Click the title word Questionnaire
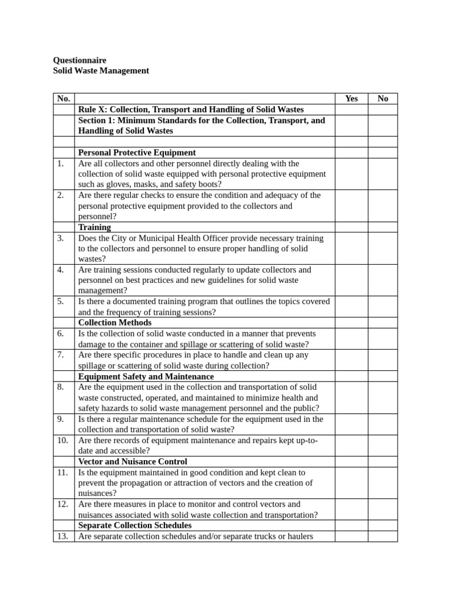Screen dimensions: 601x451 pyautogui.click(x=80, y=60)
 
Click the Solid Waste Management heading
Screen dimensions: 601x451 pyautogui.click(x=101, y=70)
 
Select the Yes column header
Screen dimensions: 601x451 pyautogui.click(x=351, y=99)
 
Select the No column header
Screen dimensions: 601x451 pyautogui.click(x=383, y=99)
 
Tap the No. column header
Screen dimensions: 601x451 pyautogui.click(x=63, y=99)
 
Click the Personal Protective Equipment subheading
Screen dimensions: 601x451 pyautogui.click(x=137, y=153)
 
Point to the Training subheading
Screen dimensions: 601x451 pyautogui.click(x=95, y=227)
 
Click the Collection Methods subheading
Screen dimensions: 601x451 pyautogui.click(x=115, y=322)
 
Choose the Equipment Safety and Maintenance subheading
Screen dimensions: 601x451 pyautogui.click(x=146, y=376)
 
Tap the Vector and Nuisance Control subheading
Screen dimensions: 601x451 pyautogui.click(x=133, y=461)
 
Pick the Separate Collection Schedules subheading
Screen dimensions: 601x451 pyautogui.click(x=134, y=525)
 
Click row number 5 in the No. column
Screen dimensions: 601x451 pyautogui.click(x=61, y=302)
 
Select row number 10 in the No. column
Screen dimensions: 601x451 pyautogui.click(x=63, y=440)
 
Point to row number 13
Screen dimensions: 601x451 pyautogui.click(x=63, y=536)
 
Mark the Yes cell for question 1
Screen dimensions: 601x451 pyautogui.click(x=351, y=174)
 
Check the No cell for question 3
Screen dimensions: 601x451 pyautogui.click(x=383, y=248)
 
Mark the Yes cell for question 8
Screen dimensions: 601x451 pyautogui.click(x=351, y=397)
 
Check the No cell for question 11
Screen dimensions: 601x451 pyautogui.click(x=383, y=482)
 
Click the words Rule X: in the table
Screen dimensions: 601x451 pyautogui.click(x=93, y=110)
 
